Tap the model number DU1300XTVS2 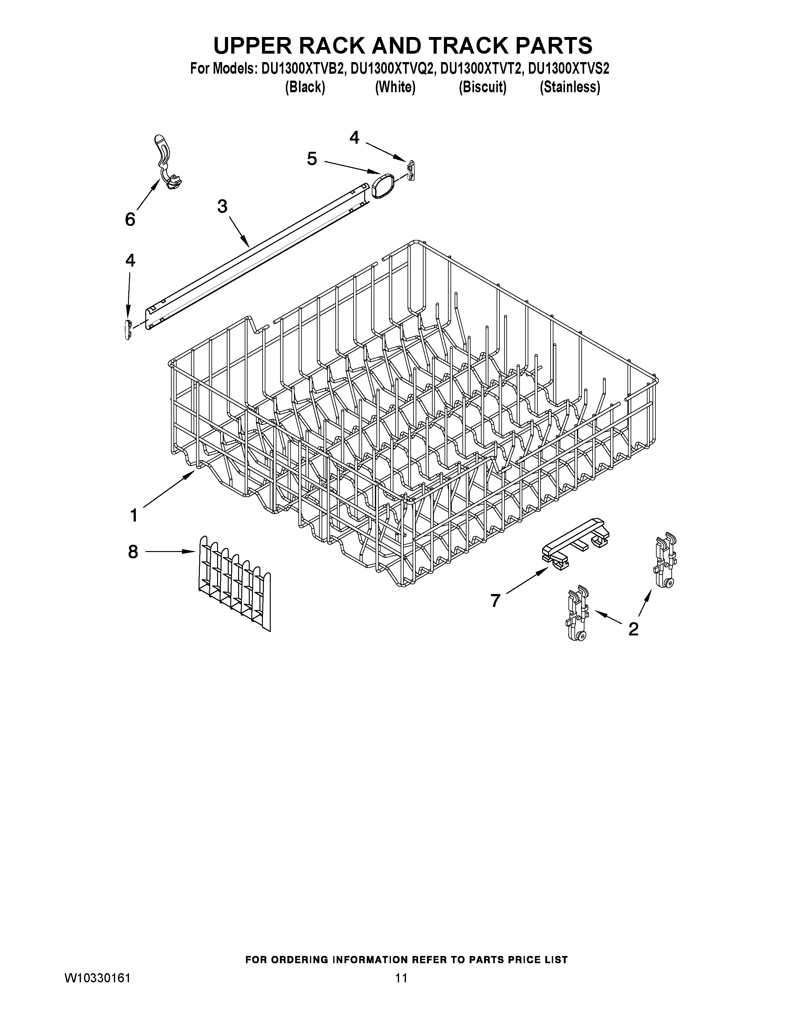point(569,69)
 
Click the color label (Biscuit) point(483,88)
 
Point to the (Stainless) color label point(570,88)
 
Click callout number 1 point(134,515)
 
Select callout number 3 point(222,207)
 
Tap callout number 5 point(312,159)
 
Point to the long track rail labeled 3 point(256,256)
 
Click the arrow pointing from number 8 point(171,552)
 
